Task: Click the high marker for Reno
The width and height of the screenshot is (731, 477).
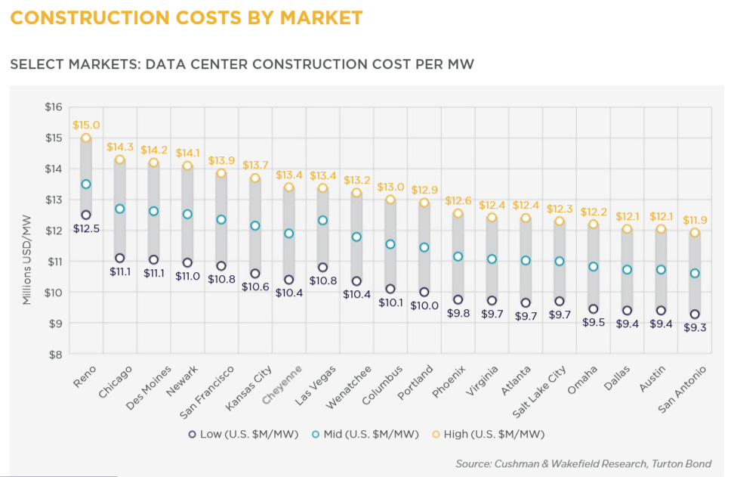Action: [86, 138]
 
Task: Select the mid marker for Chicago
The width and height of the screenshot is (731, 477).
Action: [120, 209]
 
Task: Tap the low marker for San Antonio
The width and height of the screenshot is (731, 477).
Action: [694, 314]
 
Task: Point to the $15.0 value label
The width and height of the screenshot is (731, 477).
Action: [86, 125]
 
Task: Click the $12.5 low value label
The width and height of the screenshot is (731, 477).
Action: [86, 229]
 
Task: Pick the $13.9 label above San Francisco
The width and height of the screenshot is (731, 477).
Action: [221, 160]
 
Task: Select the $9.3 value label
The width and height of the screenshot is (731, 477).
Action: [694, 328]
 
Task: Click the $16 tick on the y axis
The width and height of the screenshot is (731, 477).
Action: [53, 107]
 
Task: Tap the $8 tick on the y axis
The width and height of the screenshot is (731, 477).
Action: [54, 354]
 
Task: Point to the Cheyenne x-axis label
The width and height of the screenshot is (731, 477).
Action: [283, 383]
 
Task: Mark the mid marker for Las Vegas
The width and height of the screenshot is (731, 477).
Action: [322, 220]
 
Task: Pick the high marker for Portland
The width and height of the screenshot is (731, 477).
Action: [424, 203]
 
